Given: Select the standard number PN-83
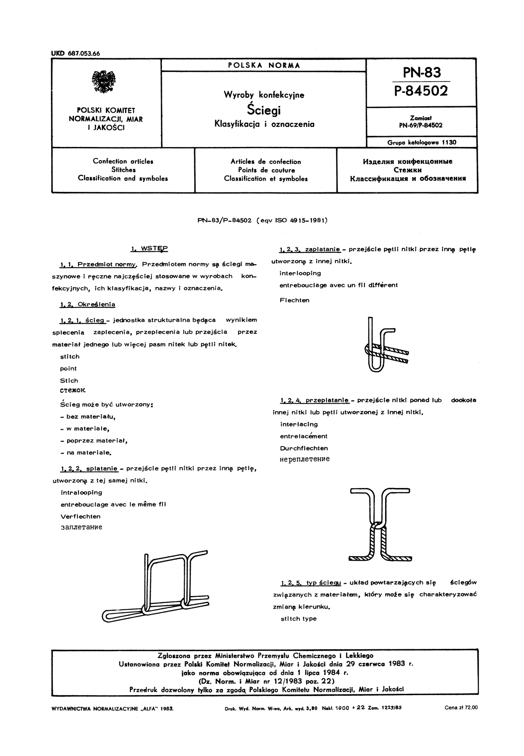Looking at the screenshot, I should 422,73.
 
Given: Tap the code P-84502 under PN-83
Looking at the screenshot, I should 421,91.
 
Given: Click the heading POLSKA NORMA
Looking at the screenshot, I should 264,66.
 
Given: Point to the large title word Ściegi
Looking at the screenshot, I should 264,110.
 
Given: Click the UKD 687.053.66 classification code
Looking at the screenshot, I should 76,53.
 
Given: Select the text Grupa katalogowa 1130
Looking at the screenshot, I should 422,142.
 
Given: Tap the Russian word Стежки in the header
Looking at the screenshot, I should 408,170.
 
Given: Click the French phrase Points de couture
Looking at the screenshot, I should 266,170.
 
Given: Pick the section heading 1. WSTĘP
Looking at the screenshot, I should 149,249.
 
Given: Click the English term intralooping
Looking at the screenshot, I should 81,492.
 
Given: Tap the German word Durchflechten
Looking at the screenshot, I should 304,448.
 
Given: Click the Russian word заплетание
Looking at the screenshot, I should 81,527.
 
